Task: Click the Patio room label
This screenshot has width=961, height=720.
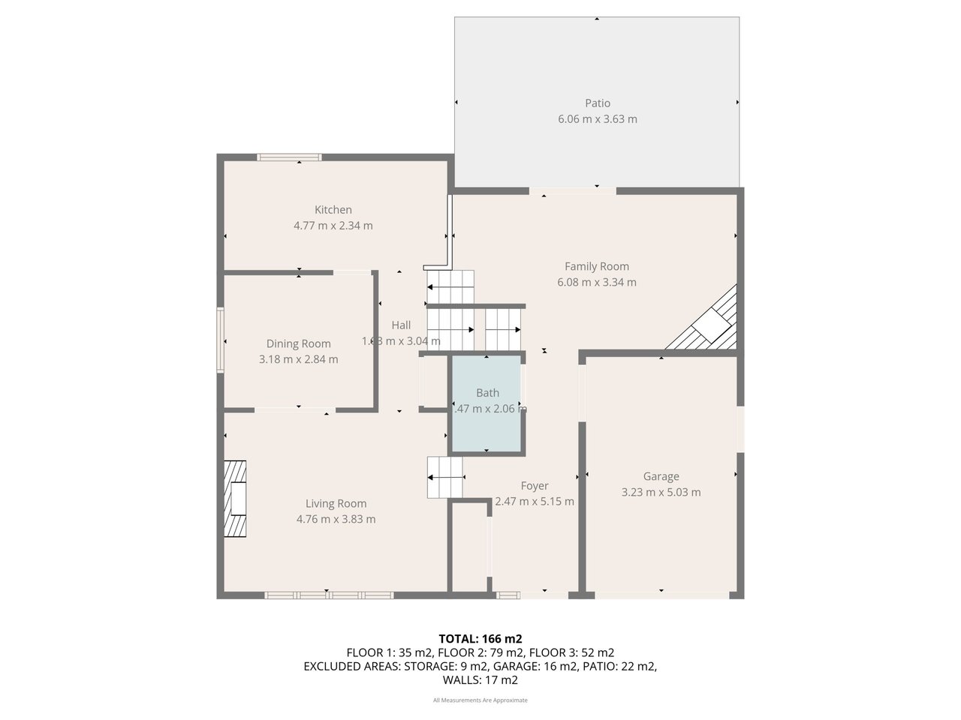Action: (x=598, y=103)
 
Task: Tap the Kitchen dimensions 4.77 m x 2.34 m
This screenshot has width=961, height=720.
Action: (x=333, y=225)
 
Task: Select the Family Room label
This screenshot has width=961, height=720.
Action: (x=597, y=266)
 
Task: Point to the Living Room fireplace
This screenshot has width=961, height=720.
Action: (x=235, y=498)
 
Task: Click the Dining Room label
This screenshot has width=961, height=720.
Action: (x=298, y=343)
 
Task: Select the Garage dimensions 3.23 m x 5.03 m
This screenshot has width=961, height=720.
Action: (x=661, y=492)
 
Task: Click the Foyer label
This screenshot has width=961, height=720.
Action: (x=535, y=486)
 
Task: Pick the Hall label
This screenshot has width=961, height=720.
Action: (x=401, y=325)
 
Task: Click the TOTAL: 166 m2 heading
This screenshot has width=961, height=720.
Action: (x=480, y=639)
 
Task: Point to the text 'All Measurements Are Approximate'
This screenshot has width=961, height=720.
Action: (x=480, y=700)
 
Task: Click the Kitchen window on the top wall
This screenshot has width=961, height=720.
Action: (x=289, y=157)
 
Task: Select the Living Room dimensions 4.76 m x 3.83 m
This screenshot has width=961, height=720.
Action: (x=336, y=519)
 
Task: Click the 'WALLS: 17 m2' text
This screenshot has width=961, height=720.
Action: (x=480, y=680)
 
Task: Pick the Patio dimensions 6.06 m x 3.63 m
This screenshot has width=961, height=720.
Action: (x=598, y=118)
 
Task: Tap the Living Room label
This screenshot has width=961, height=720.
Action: (x=336, y=503)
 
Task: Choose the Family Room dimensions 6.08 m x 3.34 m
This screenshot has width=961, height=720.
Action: (x=597, y=282)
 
